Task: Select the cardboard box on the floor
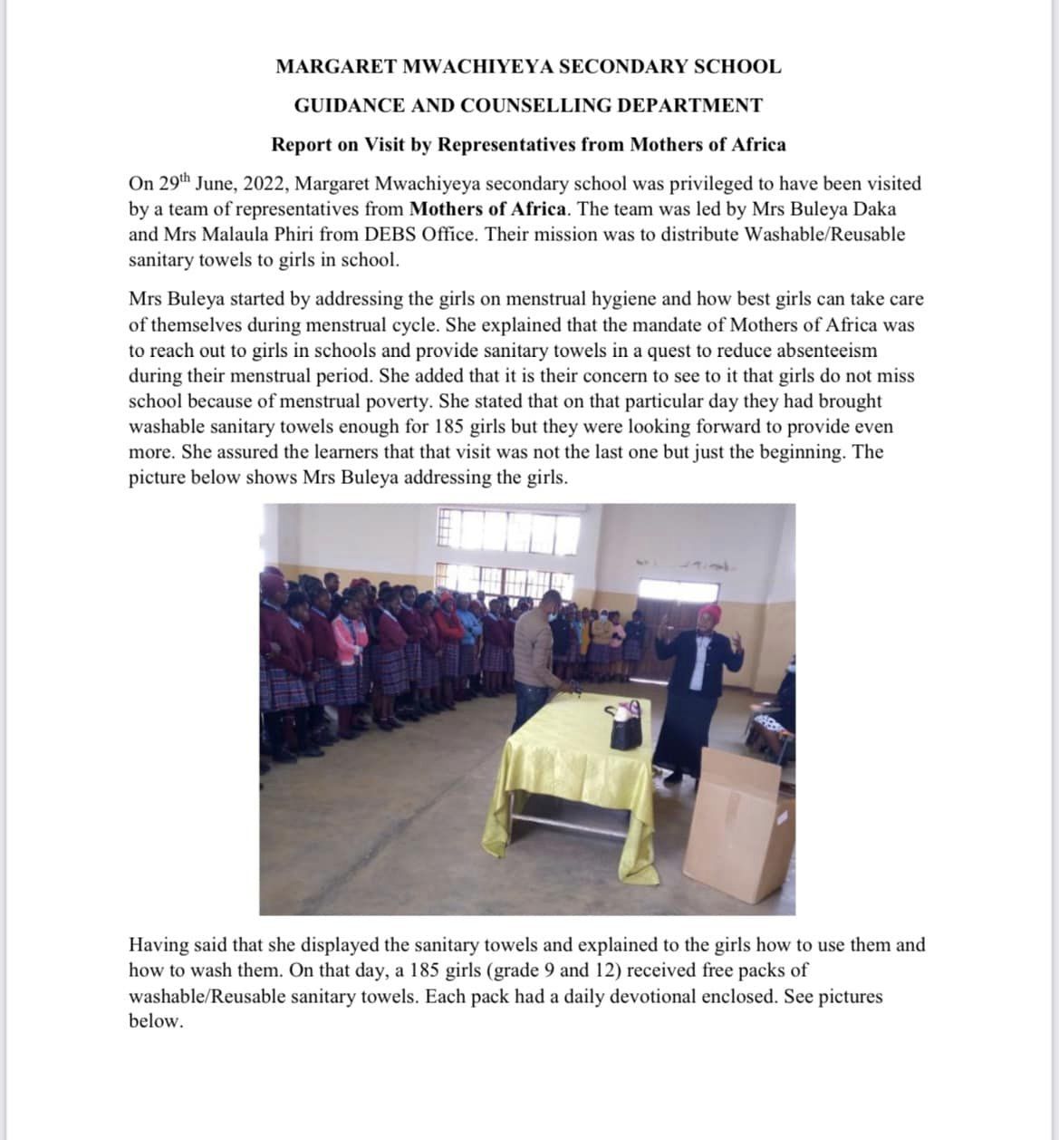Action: pos(737,825)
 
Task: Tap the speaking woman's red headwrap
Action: pos(711,614)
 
